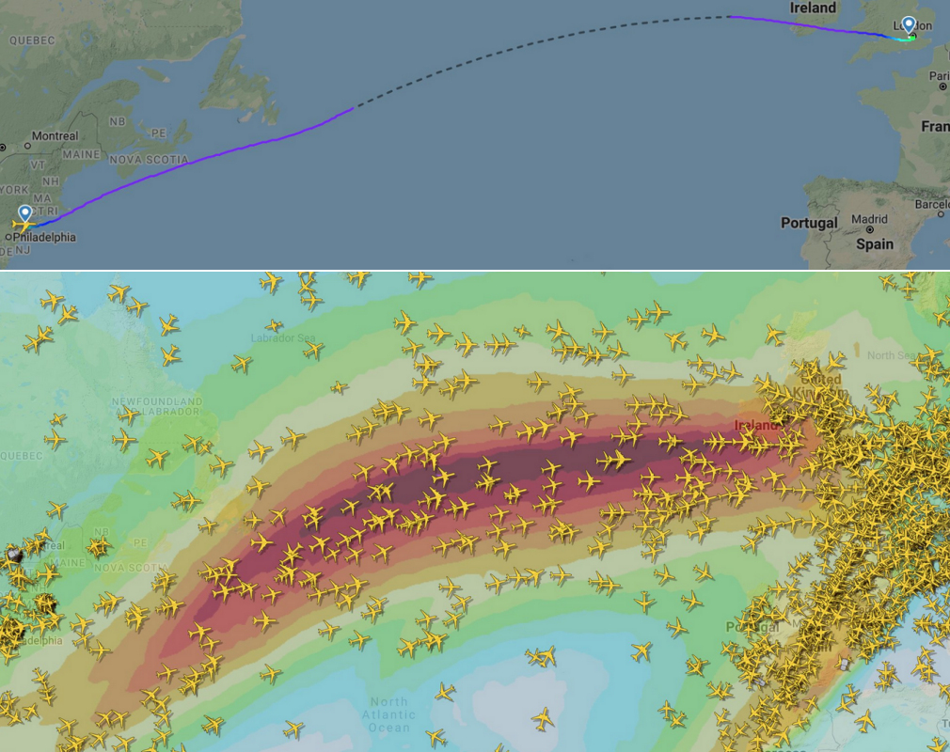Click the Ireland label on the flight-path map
pyautogui.click(x=813, y=8)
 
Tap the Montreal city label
pyautogui.click(x=55, y=136)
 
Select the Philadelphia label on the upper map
pyautogui.click(x=44, y=238)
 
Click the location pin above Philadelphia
pyautogui.click(x=24, y=214)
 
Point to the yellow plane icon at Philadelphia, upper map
pyautogui.click(x=24, y=226)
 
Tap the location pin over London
pyautogui.click(x=908, y=25)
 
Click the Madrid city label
pyautogui.click(x=869, y=219)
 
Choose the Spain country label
pyautogui.click(x=875, y=243)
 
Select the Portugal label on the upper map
pyautogui.click(x=809, y=223)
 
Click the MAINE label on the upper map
pyautogui.click(x=81, y=154)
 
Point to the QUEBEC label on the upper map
pyautogui.click(x=33, y=40)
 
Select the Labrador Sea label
pyautogui.click(x=279, y=337)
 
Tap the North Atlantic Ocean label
pyautogui.click(x=388, y=714)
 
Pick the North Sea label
pyautogui.click(x=889, y=355)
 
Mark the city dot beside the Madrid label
pyautogui.click(x=869, y=229)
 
